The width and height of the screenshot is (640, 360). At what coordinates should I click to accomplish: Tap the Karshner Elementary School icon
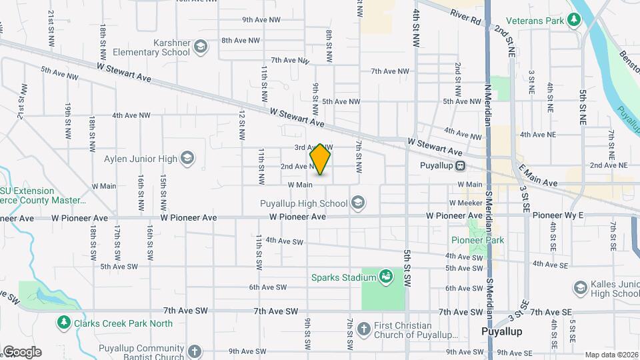[201, 47]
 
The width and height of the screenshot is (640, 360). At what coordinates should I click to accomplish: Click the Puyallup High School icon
[358, 203]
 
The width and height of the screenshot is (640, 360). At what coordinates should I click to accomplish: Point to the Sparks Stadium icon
[385, 276]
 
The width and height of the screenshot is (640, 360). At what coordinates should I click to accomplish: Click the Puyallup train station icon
[460, 166]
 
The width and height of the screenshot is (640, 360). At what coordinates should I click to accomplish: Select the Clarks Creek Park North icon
[64, 323]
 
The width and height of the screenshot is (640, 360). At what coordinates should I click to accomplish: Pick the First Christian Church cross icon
[363, 328]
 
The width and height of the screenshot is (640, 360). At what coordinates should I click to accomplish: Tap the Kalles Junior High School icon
[579, 287]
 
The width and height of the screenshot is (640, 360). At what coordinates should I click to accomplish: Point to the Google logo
[22, 351]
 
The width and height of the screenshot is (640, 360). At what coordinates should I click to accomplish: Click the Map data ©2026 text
[611, 355]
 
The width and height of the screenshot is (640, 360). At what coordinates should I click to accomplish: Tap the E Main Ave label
[538, 182]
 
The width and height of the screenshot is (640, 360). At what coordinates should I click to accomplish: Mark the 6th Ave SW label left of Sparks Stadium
[267, 287]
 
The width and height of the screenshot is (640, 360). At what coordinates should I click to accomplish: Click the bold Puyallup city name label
[501, 331]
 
